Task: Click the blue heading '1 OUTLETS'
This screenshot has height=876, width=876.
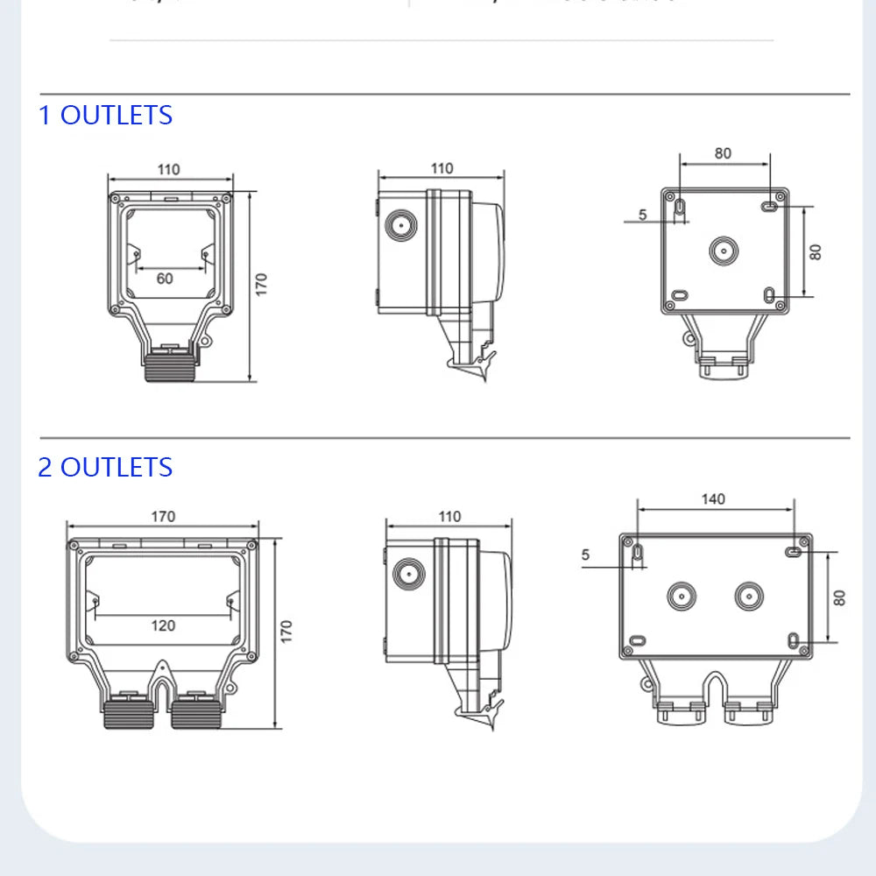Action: (105, 116)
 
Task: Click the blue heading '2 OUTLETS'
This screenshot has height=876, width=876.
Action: (105, 467)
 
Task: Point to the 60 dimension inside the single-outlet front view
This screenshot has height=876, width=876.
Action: (165, 279)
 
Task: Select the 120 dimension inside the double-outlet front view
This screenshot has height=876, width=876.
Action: (163, 625)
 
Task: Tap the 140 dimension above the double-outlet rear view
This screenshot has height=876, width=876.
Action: (713, 499)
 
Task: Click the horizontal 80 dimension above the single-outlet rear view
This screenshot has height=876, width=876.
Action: (723, 153)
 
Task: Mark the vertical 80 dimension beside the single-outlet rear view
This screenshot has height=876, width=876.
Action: (816, 251)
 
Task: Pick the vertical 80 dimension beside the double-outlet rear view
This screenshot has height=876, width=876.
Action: (839, 597)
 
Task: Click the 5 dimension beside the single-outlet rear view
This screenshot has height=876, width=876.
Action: (642, 214)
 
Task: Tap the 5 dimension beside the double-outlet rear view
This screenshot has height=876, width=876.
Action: (585, 555)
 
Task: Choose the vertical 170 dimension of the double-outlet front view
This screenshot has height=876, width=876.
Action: (286, 632)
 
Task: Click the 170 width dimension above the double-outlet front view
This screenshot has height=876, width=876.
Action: (163, 516)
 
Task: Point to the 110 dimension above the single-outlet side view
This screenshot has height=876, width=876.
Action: (442, 168)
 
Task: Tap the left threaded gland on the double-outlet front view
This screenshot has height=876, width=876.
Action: (130, 713)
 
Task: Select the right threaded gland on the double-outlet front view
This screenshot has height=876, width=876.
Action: (195, 713)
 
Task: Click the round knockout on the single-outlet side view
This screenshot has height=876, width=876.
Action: (402, 225)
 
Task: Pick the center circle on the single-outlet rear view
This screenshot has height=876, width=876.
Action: (724, 251)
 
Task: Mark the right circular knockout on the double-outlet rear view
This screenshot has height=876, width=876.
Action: (749, 597)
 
